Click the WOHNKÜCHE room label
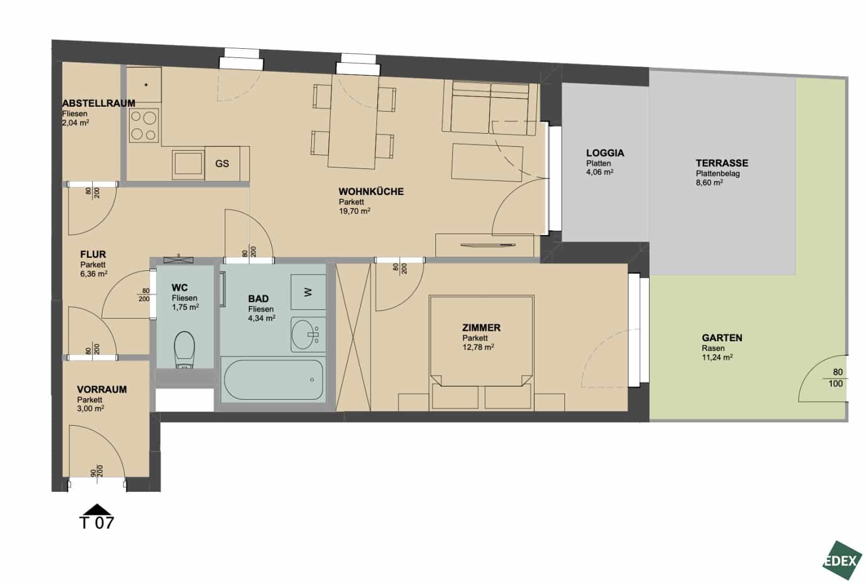tap(371, 191)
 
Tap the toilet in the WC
tap(184, 349)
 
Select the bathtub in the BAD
tap(273, 380)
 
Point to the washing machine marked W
tap(308, 292)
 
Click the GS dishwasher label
tap(222, 164)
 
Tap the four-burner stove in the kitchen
tap(144, 125)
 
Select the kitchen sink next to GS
tap(189, 164)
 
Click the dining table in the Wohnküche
tap(353, 122)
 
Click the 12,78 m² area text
tap(478, 347)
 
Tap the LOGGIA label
tap(605, 153)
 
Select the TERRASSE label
tap(722, 163)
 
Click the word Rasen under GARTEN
tap(713, 348)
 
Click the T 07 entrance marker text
tap(97, 523)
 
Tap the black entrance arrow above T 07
tap(97, 509)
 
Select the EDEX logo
tap(842, 560)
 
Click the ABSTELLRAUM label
tap(99, 103)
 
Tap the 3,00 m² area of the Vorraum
tap(91, 409)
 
